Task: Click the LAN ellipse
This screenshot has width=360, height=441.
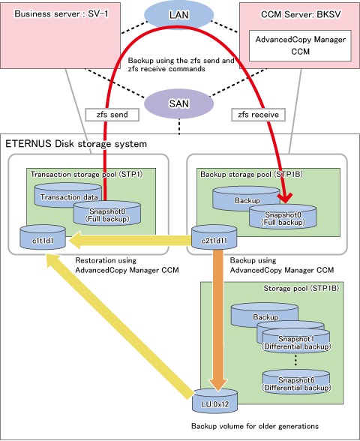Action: coord(178,15)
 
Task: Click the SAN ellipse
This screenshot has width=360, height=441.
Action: coord(178,103)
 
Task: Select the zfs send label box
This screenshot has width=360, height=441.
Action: coord(112,115)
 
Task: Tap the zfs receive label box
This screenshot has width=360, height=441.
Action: coord(258,115)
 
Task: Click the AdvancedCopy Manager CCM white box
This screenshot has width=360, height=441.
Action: coord(300,46)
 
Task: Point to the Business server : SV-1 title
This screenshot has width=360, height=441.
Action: coord(61,13)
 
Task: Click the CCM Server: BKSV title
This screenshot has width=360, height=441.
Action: coord(300,14)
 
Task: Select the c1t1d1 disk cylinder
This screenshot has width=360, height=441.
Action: coord(43,237)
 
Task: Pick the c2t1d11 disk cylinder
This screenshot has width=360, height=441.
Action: coord(214,237)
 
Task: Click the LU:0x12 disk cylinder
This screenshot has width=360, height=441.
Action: coord(214,401)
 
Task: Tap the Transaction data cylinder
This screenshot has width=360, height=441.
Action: coord(67,196)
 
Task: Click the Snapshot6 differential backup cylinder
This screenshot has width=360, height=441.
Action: coord(295,382)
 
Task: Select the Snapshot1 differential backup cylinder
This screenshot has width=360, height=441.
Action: coord(295,340)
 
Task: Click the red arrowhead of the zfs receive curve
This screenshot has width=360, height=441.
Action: coord(285,198)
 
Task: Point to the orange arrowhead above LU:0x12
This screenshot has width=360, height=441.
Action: coord(218,384)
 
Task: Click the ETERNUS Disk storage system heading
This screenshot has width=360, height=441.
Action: coord(76,144)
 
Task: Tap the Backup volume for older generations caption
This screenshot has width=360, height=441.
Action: coord(255,426)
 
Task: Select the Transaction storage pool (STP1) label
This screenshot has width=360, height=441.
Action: coord(87,174)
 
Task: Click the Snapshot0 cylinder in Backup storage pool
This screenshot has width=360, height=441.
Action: coord(283,217)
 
